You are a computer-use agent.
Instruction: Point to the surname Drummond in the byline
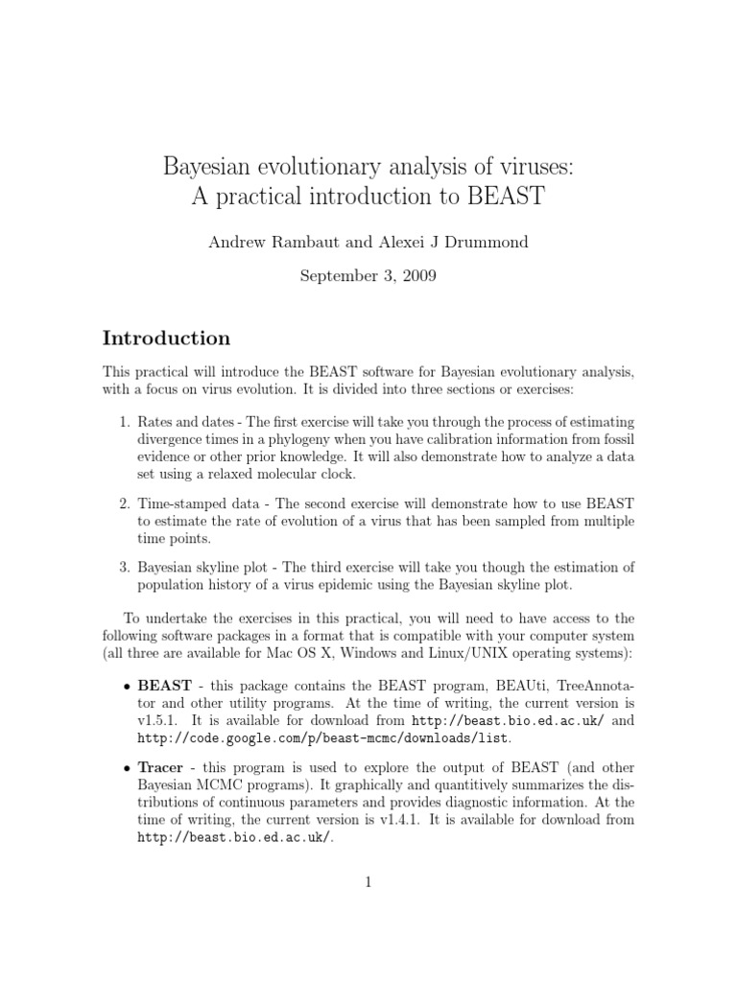[x=485, y=243]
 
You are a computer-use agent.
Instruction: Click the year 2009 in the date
[x=418, y=276]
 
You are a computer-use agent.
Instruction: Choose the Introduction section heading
[x=166, y=338]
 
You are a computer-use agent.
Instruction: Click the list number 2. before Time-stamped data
[x=125, y=503]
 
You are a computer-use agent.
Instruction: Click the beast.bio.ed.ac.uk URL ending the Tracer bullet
[x=233, y=837]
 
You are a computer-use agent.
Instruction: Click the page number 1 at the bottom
[x=368, y=883]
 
